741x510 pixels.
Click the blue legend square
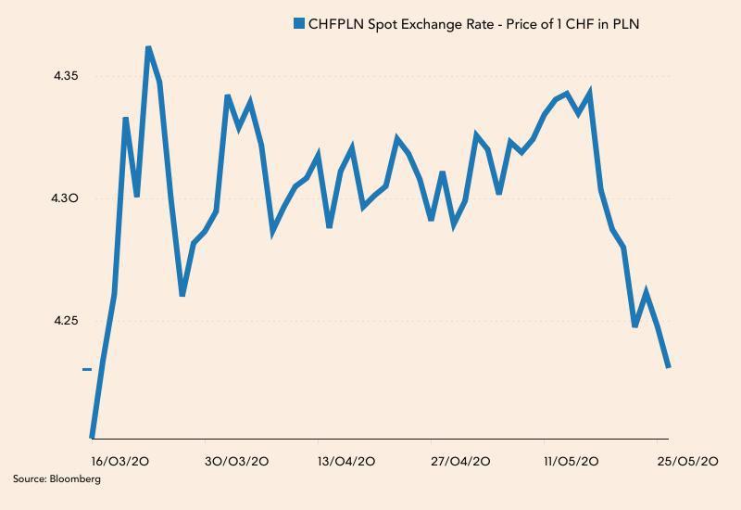pos(298,23)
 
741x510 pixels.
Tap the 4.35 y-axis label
pos(68,76)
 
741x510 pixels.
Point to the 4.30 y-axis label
pos(68,198)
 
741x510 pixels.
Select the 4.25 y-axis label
pos(68,321)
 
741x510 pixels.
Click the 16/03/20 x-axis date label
pos(115,461)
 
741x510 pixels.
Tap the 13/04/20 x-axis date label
pos(345,461)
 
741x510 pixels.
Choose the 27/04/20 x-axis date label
pos(460,461)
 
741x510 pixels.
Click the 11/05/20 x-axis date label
pos(571,461)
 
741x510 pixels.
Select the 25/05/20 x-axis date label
pos(686,461)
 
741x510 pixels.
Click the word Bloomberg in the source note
pos(78,479)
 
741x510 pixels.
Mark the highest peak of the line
pos(148,47)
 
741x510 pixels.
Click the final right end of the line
pos(668,367)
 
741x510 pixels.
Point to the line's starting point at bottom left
pos(92,436)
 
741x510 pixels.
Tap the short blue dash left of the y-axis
pos(87,369)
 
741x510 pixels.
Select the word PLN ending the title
pos(626,23)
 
